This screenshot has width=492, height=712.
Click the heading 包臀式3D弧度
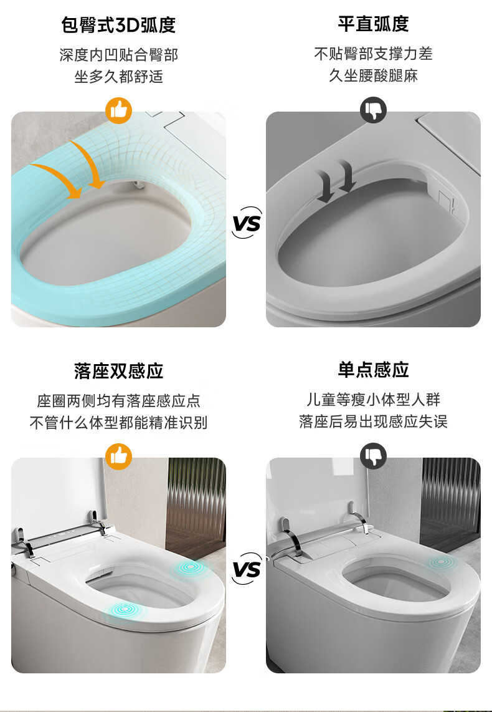(x=118, y=25)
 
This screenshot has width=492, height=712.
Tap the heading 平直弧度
(x=373, y=24)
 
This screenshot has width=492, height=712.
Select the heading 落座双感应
(x=118, y=371)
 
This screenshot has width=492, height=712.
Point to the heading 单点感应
(x=373, y=370)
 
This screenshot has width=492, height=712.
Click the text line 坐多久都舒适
(x=118, y=76)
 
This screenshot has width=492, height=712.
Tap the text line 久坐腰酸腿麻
(x=373, y=75)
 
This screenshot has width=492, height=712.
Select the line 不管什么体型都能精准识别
(x=118, y=422)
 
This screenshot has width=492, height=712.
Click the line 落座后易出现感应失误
(x=373, y=421)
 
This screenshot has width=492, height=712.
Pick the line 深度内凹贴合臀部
(x=118, y=55)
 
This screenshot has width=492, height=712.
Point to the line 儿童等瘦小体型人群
(x=373, y=400)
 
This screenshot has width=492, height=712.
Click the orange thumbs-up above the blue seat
(x=119, y=110)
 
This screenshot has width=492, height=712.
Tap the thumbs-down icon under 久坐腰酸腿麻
(x=373, y=110)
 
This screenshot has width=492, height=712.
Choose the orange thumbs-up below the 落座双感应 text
(x=119, y=456)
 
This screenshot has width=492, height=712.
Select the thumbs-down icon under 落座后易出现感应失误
(x=373, y=456)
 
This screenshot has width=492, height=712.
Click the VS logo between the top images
(x=247, y=223)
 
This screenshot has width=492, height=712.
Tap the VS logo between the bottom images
(x=247, y=569)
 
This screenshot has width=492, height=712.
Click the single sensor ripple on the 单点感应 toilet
(x=440, y=562)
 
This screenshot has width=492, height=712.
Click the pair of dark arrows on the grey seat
(x=336, y=181)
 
